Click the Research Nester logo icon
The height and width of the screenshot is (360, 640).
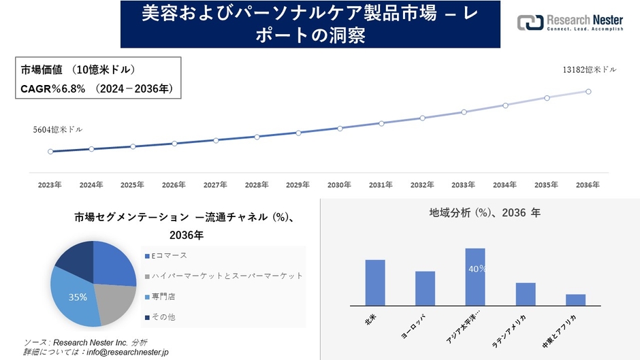coord(530,22)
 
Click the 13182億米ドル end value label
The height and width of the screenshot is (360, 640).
coord(590,69)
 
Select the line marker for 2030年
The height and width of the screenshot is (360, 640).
coord(340,128)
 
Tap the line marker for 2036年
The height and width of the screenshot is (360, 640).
coord(588,91)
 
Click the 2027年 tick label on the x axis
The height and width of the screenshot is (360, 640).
coord(215,185)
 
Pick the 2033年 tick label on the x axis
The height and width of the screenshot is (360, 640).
coord(463,185)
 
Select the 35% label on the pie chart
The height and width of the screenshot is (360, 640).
coord(78,297)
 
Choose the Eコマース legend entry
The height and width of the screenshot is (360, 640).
coord(167,255)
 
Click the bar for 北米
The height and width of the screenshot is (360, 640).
coord(375,282)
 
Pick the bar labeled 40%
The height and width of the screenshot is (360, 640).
coord(475,277)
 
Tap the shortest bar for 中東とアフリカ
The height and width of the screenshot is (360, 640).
coord(575,300)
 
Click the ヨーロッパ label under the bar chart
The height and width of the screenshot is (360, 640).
coord(415,327)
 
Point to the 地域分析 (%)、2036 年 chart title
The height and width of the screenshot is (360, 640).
coord(485,213)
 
